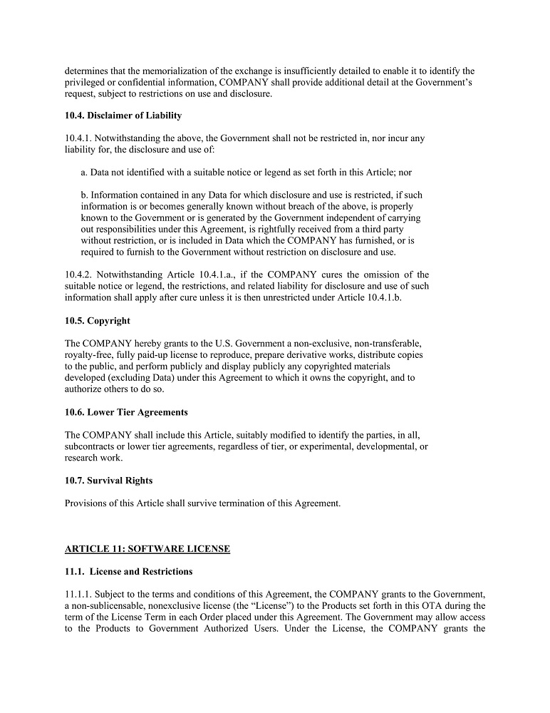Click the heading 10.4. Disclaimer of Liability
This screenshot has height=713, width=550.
[123, 116]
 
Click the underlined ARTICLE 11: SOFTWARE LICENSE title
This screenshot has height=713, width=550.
[147, 549]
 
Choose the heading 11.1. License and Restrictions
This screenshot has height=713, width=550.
[128, 572]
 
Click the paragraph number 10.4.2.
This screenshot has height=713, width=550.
[78, 275]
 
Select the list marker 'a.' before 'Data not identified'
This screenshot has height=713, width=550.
[85, 173]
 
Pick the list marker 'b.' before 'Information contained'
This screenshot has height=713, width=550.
[85, 195]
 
